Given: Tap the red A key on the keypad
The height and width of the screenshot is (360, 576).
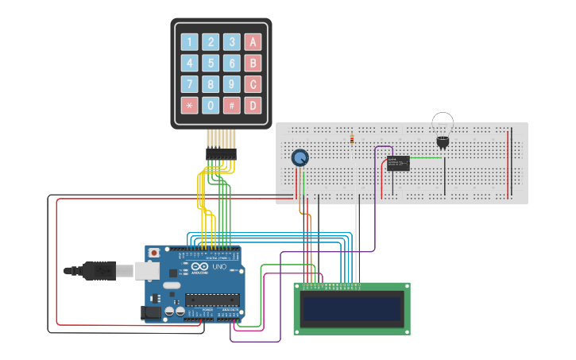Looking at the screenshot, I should click(252, 42).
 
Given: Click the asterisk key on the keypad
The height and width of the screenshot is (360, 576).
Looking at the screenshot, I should click(189, 105).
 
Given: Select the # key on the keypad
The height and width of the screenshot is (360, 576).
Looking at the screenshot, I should click(231, 105).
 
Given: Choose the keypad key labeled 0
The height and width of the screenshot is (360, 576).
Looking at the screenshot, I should click(211, 105).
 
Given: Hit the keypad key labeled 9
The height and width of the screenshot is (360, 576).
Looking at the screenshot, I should click(231, 84).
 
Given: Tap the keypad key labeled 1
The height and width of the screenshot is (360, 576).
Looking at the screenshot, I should click(189, 42).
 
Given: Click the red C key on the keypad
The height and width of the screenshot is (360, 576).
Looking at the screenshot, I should click(252, 84).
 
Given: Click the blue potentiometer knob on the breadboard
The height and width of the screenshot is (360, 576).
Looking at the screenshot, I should click(300, 157).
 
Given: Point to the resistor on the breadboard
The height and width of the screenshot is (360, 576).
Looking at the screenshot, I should click(352, 140).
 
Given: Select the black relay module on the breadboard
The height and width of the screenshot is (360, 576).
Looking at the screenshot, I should click(398, 163).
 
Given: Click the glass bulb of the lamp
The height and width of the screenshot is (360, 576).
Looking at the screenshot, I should click(443, 123).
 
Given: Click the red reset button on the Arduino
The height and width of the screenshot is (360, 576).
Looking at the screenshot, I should click(153, 253).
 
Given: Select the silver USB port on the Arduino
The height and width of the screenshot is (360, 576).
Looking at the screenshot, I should click(146, 271).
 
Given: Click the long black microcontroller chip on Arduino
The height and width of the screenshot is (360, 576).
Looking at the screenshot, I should click(211, 300).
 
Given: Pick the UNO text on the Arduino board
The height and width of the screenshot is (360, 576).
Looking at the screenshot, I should click(219, 267).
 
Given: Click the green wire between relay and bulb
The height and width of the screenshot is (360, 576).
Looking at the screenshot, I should click(425, 157).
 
